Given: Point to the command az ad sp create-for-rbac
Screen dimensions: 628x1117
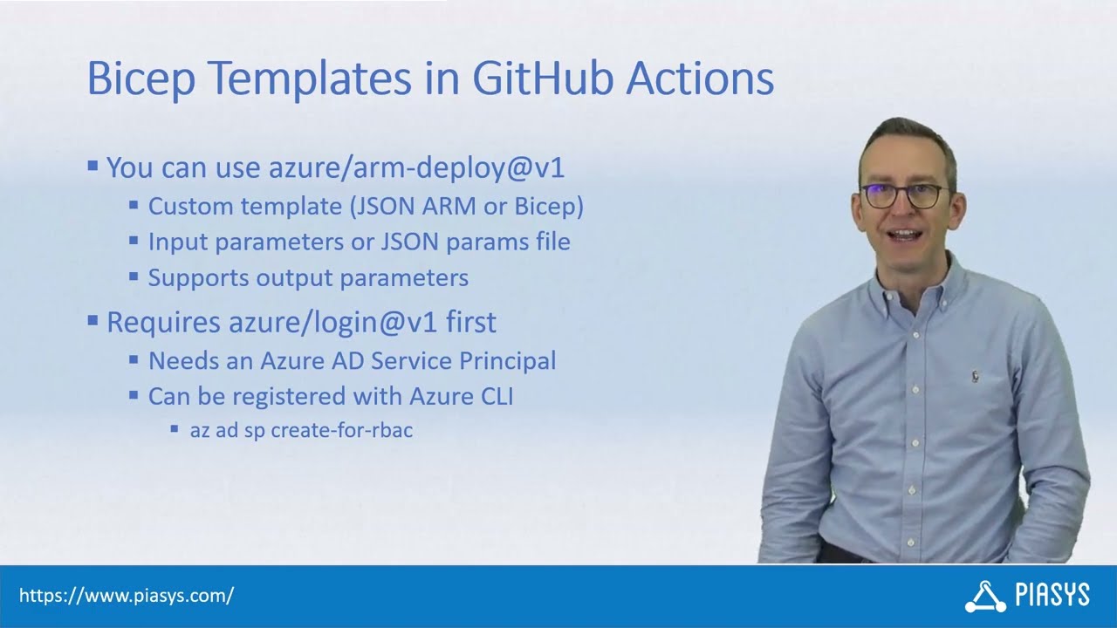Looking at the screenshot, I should click(301, 430).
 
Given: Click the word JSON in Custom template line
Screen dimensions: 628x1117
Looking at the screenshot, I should click(391, 207).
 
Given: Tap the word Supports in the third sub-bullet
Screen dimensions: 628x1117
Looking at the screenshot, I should click(198, 277).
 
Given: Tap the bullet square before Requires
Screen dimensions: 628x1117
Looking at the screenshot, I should click(93, 320).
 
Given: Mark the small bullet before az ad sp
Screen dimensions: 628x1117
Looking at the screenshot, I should click(175, 429).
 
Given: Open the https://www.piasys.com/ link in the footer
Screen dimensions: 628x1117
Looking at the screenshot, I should click(127, 597).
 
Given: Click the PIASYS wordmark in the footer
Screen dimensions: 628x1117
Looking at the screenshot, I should click(1052, 596).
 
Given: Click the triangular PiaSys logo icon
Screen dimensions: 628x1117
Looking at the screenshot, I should click(985, 597).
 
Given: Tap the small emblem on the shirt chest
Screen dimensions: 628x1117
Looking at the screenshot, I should click(975, 376).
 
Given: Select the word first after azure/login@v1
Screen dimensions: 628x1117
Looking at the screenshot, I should click(470, 322).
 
